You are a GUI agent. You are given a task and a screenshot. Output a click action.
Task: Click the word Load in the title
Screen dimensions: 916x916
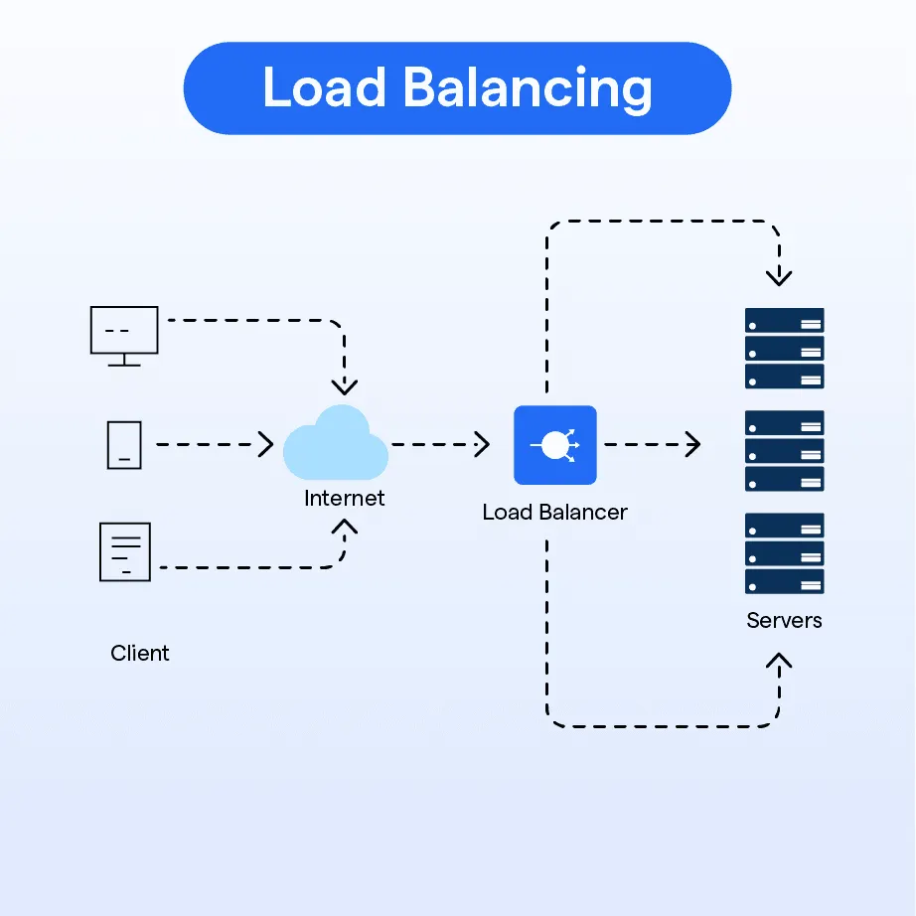[324, 87]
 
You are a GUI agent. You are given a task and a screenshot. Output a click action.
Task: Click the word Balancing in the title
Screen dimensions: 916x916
[528, 88]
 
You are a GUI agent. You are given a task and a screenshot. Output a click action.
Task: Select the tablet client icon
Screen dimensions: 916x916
[124, 445]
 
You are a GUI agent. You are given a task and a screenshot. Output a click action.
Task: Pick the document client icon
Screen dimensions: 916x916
[125, 552]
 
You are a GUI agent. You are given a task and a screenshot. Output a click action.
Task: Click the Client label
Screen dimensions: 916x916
[140, 653]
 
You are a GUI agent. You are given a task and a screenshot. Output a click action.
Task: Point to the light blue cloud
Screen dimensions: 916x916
[336, 443]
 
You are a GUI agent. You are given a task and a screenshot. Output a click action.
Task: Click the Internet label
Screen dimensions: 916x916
[344, 499]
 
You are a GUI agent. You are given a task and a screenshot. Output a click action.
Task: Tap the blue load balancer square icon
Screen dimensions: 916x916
[555, 445]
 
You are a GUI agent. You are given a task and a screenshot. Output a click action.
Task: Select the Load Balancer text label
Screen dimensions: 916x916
[554, 513]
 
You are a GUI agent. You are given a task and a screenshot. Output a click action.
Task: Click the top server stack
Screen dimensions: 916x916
[785, 348]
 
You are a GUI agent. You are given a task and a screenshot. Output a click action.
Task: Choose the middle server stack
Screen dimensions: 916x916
[785, 451]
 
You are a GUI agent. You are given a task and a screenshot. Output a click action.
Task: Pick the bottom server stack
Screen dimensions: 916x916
[785, 553]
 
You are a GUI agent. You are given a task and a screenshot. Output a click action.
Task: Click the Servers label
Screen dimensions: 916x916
[784, 620]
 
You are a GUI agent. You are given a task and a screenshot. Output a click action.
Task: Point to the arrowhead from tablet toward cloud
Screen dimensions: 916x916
[266, 444]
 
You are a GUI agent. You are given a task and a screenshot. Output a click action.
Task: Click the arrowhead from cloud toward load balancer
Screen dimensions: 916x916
[482, 444]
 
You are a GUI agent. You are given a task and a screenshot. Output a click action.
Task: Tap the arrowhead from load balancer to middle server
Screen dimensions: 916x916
[692, 444]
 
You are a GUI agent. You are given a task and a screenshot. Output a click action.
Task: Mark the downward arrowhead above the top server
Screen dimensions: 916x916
[779, 277]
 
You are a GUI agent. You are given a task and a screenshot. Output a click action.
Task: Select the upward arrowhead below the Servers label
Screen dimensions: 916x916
[779, 661]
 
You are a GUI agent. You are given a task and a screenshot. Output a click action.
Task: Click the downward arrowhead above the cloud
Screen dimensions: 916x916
[345, 386]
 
